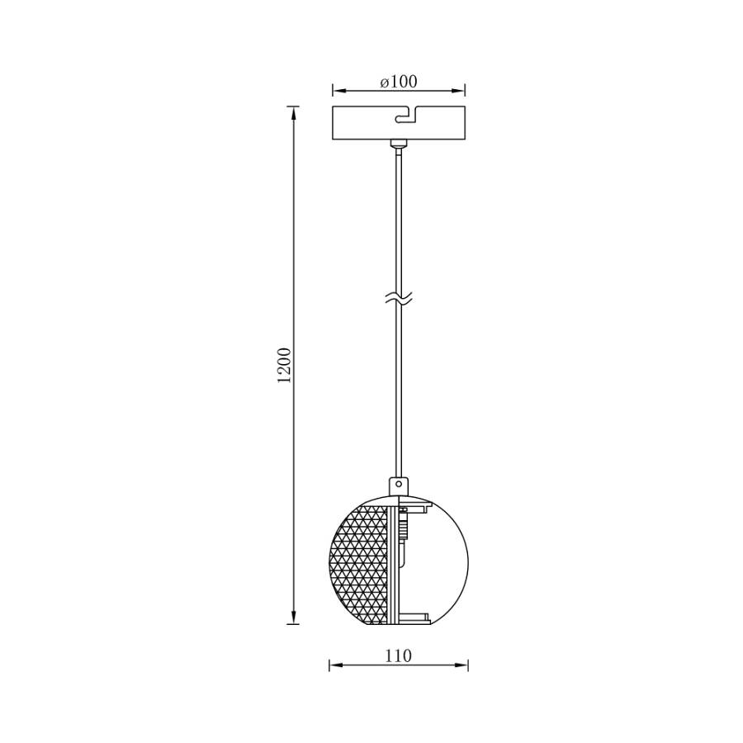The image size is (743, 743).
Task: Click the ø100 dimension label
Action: click(399, 82)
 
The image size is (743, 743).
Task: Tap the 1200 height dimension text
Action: click(284, 366)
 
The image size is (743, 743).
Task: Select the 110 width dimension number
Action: click(398, 655)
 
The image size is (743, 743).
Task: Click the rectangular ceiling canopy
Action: click(399, 123)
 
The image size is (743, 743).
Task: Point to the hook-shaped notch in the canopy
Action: click(405, 115)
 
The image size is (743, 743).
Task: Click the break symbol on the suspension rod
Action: click(399, 298)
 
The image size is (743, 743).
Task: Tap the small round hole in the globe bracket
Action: click(399, 485)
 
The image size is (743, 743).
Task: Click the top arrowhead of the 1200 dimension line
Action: click(294, 114)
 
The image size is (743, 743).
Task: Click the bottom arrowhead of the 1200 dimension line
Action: click(294, 617)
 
